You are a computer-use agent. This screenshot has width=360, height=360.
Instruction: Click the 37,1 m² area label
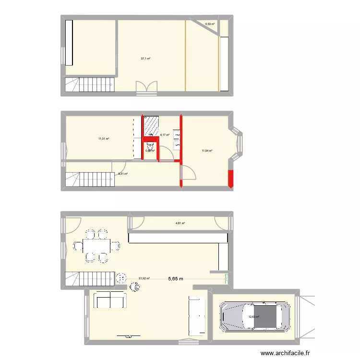pyautogui.click(x=145, y=59)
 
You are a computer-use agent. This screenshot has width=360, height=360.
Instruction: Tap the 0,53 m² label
pyautogui.click(x=210, y=24)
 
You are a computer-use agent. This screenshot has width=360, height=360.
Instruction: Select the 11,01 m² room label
pyautogui.click(x=104, y=139)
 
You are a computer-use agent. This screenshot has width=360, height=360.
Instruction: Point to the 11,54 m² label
pyautogui.click(x=207, y=151)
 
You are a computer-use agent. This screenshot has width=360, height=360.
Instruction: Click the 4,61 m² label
pyautogui.click(x=180, y=223)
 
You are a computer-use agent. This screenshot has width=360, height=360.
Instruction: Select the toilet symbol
pyautogui.click(x=150, y=147)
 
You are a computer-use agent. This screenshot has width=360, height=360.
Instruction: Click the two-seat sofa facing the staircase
pyautogui.click(x=110, y=300)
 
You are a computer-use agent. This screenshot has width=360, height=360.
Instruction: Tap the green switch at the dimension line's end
pyautogui.click(x=227, y=277)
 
